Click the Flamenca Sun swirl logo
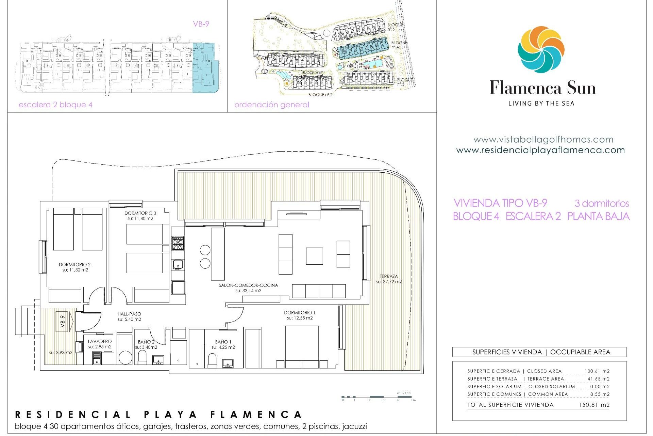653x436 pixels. pyautogui.click(x=541, y=50)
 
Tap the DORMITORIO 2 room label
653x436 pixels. pyautogui.click(x=74, y=267)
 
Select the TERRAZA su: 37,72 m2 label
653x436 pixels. pyautogui.click(x=389, y=279)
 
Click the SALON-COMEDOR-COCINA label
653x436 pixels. pyautogui.click(x=248, y=288)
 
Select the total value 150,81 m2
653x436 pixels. pyautogui.click(x=594, y=405)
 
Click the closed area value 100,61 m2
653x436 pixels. pyautogui.click(x=597, y=371)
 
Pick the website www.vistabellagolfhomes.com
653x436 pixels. pyautogui.click(x=543, y=139)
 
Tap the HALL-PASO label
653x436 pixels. pyautogui.click(x=129, y=316)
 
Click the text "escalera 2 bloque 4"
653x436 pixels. pyautogui.click(x=55, y=105)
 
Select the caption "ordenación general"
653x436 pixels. pyautogui.click(x=271, y=105)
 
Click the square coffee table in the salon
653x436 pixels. pyautogui.click(x=314, y=256)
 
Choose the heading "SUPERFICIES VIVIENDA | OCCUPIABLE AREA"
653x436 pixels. pyautogui.click(x=541, y=352)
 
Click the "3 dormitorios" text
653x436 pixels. pyautogui.click(x=602, y=203)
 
